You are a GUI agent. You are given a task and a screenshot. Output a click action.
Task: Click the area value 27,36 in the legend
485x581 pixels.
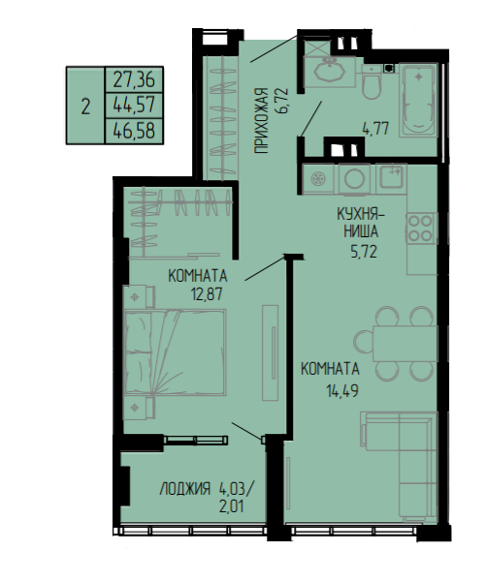click(x=134, y=79)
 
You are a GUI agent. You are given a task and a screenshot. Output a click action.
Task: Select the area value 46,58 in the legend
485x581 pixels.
click(x=134, y=131)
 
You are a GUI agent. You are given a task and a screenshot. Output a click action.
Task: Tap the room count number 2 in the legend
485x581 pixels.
click(x=85, y=107)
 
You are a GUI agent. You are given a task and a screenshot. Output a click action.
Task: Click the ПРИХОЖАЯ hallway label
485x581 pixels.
click(x=261, y=120)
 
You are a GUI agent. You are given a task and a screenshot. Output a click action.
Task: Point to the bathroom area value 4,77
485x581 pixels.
click(x=375, y=129)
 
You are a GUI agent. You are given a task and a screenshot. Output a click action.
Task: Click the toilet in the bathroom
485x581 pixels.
click(x=372, y=82)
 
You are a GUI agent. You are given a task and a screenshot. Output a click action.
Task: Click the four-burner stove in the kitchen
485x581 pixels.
click(x=420, y=228)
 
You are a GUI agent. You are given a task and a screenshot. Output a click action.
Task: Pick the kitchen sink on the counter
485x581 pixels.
click(x=392, y=175)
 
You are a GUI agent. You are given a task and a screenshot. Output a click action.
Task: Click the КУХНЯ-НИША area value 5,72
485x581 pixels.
click(x=364, y=252)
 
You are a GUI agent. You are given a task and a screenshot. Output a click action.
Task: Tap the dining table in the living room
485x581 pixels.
click(x=404, y=344)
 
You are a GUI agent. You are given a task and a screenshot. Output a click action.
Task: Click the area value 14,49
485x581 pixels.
click(x=342, y=390)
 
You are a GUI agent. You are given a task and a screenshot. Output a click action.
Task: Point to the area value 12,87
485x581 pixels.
click(x=207, y=294)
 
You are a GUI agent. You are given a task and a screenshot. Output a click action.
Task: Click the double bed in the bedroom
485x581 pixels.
click(x=175, y=352)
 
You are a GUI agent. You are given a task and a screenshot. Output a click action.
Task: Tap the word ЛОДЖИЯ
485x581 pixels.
click(x=185, y=489)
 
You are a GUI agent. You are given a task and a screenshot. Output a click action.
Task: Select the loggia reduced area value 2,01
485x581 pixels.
click(x=232, y=506)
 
